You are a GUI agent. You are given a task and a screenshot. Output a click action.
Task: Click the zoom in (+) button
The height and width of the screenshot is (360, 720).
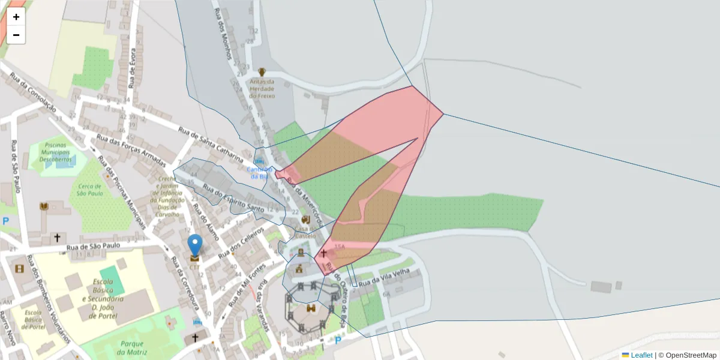16,17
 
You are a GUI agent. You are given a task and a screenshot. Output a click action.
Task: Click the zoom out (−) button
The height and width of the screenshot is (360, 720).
16,35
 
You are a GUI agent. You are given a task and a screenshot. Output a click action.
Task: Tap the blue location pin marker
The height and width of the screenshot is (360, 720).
195,245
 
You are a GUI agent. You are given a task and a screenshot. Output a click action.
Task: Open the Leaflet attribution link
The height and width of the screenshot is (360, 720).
641,355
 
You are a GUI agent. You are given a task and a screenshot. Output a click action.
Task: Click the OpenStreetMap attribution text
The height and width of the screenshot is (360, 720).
689,355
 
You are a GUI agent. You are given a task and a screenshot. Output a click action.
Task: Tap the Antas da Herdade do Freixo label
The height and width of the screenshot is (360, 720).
262,89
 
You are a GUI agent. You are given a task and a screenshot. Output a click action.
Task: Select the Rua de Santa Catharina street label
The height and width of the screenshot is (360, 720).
211,145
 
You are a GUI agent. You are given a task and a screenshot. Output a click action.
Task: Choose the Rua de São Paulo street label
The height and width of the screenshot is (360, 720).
94,246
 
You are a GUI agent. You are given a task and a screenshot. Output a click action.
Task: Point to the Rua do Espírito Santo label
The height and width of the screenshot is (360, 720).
234,199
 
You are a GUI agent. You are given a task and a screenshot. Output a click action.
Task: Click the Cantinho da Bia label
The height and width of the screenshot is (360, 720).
259,173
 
